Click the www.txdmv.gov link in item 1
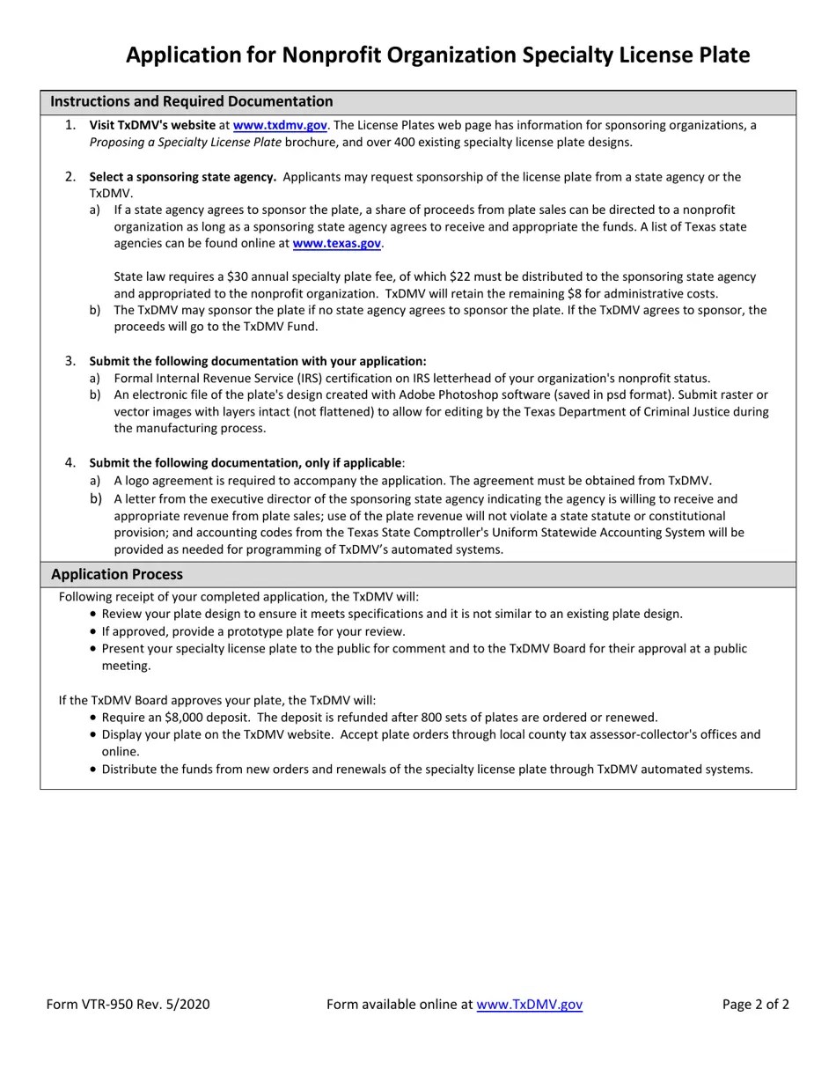279,126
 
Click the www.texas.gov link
336,244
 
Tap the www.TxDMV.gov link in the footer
529,1005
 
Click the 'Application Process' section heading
117,575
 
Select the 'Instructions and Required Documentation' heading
191,102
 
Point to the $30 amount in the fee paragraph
238,277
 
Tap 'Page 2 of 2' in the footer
755,1005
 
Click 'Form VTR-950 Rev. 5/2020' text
128,1005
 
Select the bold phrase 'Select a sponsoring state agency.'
182,177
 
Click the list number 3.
70,361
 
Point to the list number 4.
70,463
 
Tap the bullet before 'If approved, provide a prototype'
93,632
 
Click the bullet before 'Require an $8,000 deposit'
93,718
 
